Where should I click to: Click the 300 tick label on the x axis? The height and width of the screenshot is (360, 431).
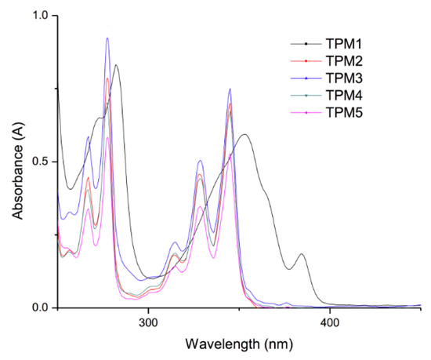pos(148,322)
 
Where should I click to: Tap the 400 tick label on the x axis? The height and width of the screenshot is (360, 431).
pos(329,322)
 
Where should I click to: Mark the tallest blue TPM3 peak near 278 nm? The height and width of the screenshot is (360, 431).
pos(107,38)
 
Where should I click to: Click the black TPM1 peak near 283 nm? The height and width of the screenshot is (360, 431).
pos(116,65)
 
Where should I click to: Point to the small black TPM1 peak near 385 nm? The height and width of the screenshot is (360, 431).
pos(301,254)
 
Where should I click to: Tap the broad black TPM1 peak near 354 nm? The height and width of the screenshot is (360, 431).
pos(245,134)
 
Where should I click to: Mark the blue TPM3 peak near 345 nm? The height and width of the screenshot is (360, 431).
pos(230,89)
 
